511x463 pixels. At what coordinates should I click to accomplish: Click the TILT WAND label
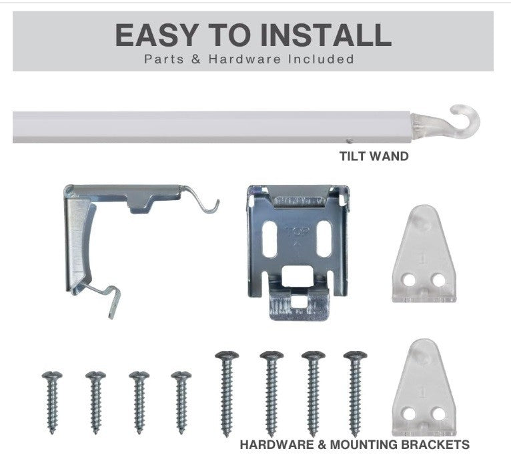(x=374, y=156)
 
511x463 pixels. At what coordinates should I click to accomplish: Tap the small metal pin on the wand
(x=350, y=141)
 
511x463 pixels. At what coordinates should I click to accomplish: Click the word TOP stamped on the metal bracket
(x=297, y=232)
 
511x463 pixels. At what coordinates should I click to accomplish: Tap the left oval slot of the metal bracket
(x=270, y=239)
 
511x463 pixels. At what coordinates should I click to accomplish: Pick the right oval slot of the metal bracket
(x=324, y=239)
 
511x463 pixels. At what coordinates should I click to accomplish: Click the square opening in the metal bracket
(x=297, y=276)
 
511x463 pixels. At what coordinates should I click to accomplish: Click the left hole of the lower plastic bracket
(x=409, y=414)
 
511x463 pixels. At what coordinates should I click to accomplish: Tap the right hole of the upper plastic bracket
(x=438, y=280)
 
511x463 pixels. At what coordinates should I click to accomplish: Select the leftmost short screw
(x=52, y=402)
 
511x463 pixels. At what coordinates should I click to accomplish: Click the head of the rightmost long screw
(x=355, y=356)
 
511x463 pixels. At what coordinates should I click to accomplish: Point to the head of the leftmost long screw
(x=227, y=356)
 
